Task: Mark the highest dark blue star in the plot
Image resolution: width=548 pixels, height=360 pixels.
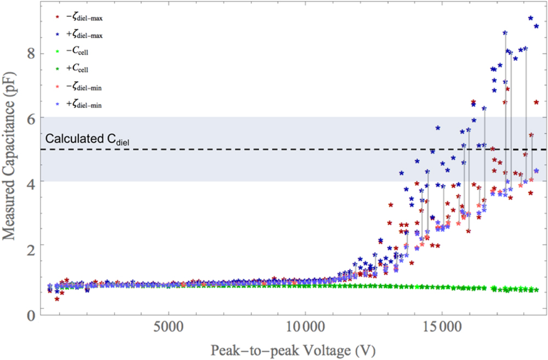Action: (530, 18)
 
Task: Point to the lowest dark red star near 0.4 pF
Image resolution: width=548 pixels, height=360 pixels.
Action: (56, 299)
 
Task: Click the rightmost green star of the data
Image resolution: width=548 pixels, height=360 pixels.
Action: (536, 290)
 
